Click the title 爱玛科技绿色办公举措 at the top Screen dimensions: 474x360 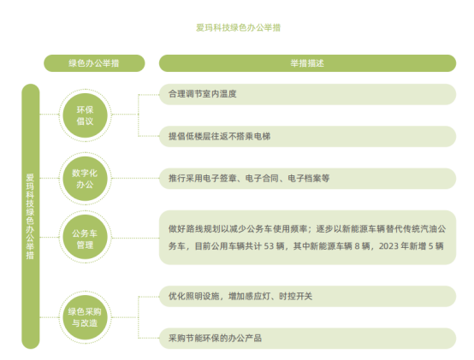(x=238, y=27)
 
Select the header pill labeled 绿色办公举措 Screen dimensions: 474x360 (x=94, y=63)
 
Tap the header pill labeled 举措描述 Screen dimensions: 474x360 (x=307, y=63)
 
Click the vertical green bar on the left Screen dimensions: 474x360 (x=31, y=216)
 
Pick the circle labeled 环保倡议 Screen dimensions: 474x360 (x=85, y=115)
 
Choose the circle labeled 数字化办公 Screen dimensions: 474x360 (x=85, y=179)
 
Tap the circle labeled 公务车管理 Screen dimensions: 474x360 (x=85, y=238)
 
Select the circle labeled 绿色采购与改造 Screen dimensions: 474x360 (x=85, y=317)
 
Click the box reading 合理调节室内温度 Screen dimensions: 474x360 (x=307, y=94)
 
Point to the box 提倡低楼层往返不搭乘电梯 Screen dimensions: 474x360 (x=307, y=137)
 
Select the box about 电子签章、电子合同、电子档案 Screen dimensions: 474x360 (x=307, y=179)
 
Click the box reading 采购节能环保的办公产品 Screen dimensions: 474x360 (x=307, y=339)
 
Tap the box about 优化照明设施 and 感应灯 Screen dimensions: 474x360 (x=307, y=296)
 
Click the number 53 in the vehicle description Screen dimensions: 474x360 (x=269, y=246)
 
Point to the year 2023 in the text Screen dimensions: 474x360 (x=388, y=246)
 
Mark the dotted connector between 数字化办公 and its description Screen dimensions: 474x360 (x=135, y=178)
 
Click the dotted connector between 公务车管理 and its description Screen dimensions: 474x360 (x=135, y=238)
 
